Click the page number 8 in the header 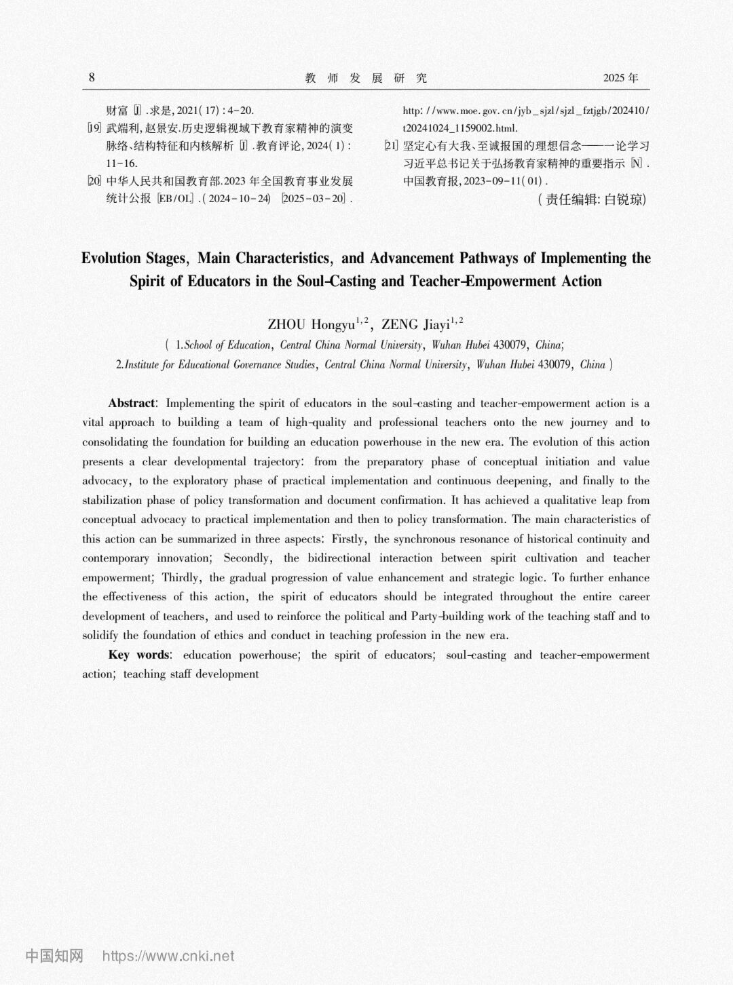tap(92, 77)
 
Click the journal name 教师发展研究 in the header tap(366, 78)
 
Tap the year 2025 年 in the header tap(620, 78)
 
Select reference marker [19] tap(94, 128)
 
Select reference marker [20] tap(94, 181)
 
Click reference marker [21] tap(392, 145)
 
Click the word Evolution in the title tap(111, 258)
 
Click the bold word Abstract tap(132, 403)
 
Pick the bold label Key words tap(138, 655)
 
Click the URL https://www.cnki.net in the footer tap(168, 957)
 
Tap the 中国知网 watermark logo tap(54, 956)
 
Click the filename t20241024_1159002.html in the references tap(460, 128)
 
